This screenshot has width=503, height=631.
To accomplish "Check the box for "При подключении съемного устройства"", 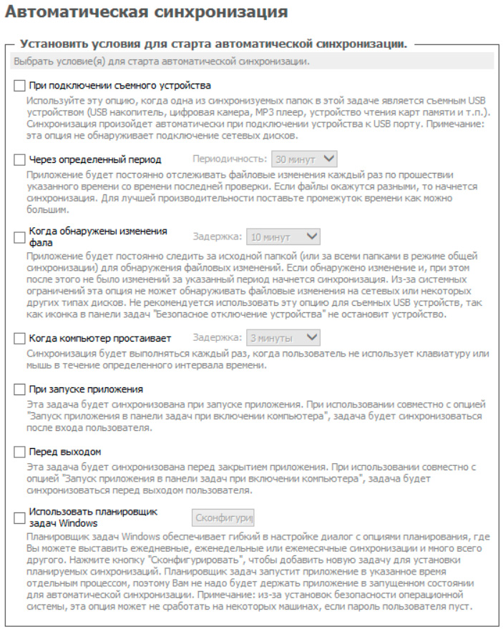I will click(x=20, y=86).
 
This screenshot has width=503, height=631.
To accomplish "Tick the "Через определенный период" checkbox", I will click(x=20, y=159).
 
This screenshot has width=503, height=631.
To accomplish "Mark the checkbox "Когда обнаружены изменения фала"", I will click(x=20, y=237).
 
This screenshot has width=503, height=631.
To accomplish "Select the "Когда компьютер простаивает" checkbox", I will click(x=20, y=338).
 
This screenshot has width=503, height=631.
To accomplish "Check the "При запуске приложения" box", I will click(x=20, y=389).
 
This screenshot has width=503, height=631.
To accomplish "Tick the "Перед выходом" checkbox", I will click(x=20, y=452).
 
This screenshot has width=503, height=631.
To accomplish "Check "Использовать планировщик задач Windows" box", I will click(x=20, y=517).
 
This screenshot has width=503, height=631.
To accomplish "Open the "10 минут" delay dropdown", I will click(x=283, y=237).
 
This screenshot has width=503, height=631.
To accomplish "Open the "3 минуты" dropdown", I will click(x=283, y=337).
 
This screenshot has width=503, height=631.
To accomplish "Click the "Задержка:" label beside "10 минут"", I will click(x=217, y=237).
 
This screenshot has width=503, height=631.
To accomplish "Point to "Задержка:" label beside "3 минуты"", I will click(x=217, y=337).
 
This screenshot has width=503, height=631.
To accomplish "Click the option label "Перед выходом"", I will click(x=65, y=452).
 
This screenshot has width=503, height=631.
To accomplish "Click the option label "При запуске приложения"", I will click(x=86, y=389).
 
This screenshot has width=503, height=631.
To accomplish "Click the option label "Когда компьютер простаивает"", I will click(x=99, y=338).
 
